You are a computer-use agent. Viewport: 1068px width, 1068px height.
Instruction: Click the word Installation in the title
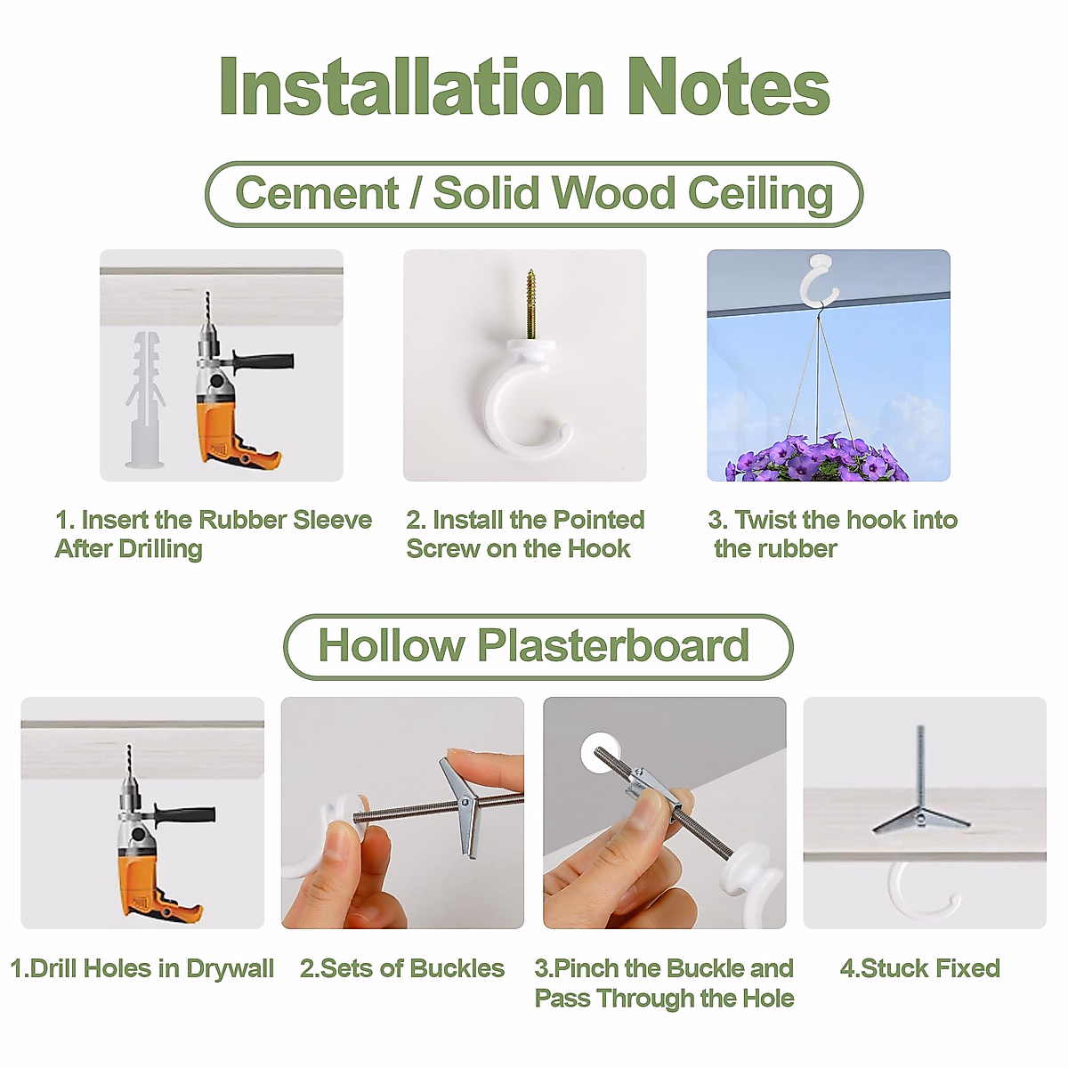[412, 87]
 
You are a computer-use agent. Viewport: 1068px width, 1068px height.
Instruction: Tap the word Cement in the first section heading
[317, 193]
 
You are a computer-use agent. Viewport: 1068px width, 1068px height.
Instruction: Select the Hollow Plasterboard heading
[534, 645]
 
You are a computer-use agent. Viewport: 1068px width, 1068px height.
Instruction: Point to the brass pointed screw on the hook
[530, 305]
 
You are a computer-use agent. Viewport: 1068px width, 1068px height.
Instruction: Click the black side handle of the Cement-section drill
[263, 360]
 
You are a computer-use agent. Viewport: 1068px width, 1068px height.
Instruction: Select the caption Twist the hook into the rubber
[832, 534]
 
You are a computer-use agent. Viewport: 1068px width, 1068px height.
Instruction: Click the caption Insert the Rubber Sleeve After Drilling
[214, 534]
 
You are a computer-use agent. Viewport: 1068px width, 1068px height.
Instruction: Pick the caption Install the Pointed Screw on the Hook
[525, 534]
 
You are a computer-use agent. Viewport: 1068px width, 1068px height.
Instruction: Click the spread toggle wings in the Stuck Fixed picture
[920, 820]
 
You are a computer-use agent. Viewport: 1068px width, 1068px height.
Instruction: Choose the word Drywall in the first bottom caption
[230, 969]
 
